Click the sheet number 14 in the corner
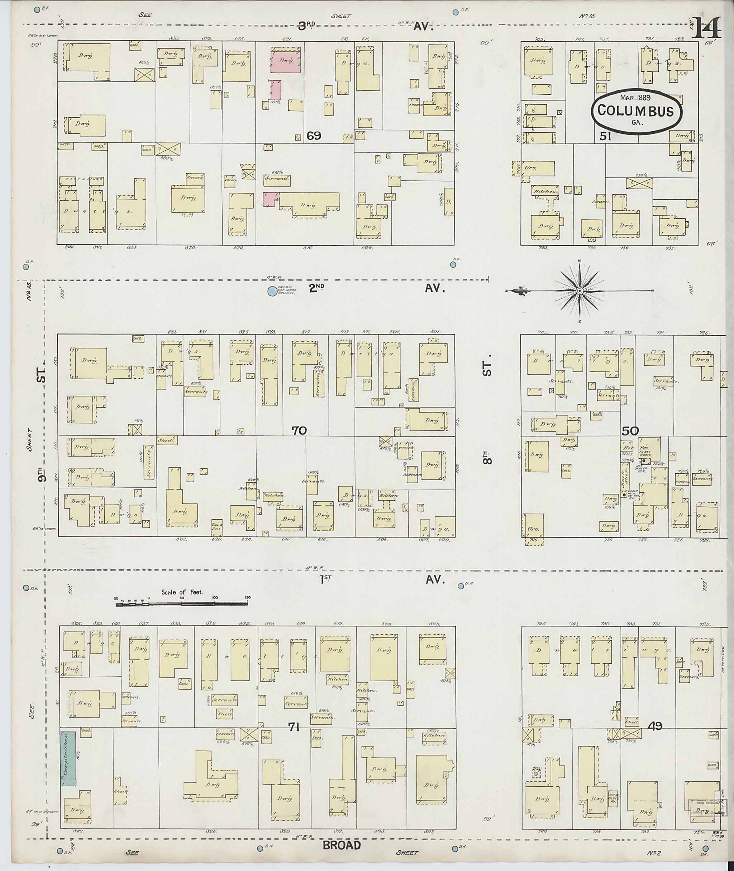coord(706,29)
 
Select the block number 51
coord(605,136)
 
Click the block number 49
coord(656,726)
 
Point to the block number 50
coord(630,431)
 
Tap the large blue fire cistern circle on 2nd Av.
coord(272,292)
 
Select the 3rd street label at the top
coord(307,27)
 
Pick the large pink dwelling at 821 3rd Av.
coord(285,62)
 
